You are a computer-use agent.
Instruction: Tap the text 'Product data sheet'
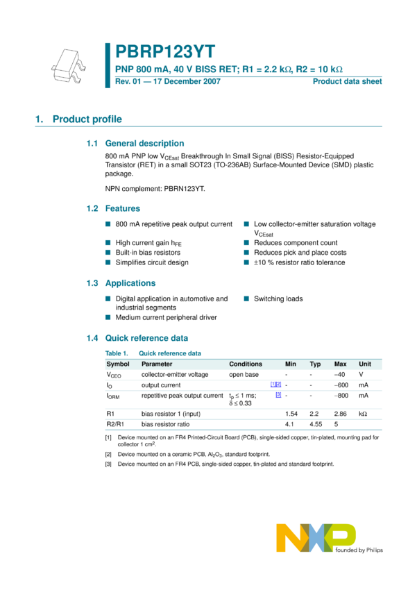coord(347,81)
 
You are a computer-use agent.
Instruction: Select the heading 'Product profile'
coord(87,119)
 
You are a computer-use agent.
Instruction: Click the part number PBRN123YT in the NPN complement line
coord(181,188)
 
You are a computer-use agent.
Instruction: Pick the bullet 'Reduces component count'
coord(296,243)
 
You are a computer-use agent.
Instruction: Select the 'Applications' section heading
coord(130,283)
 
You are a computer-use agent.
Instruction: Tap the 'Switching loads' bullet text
coord(278,298)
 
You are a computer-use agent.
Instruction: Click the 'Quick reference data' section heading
coord(146,339)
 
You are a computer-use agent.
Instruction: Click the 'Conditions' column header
coord(246,364)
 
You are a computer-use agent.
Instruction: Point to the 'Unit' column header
coord(364,364)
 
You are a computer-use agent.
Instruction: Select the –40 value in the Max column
coord(340,374)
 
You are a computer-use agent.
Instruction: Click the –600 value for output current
coord(340,385)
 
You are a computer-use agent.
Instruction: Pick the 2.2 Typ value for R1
coord(314,413)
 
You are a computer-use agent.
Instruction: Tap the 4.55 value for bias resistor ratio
coord(316,423)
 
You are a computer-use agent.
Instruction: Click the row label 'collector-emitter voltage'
coord(175,374)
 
